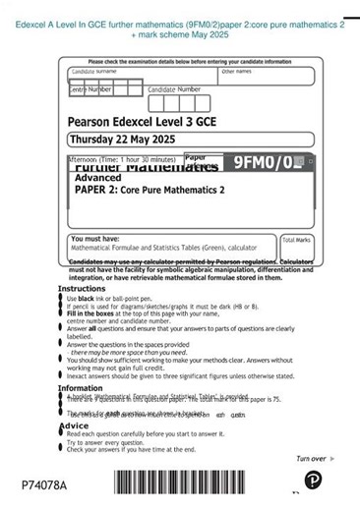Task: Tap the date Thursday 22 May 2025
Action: tap(121, 140)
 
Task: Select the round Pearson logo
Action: tap(313, 481)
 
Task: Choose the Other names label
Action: tap(236, 71)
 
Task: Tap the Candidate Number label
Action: tap(174, 89)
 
